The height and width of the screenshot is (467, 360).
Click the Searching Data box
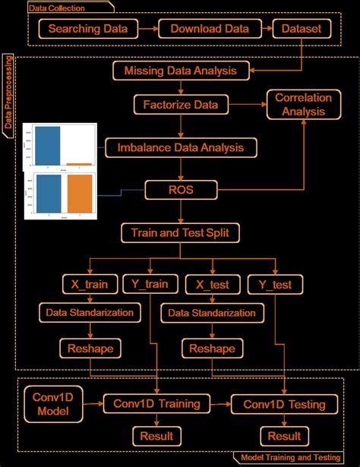click(93, 30)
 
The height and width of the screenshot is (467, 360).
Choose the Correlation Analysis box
click(299, 105)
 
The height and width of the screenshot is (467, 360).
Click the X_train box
click(90, 285)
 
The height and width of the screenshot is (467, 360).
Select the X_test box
click(212, 285)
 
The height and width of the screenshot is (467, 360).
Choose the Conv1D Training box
click(156, 405)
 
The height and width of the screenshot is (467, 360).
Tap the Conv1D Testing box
click(284, 405)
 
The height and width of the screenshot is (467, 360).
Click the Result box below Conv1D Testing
click(284, 436)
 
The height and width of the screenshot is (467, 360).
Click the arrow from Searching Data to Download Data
click(149, 30)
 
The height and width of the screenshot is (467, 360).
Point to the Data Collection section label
click(57, 8)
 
